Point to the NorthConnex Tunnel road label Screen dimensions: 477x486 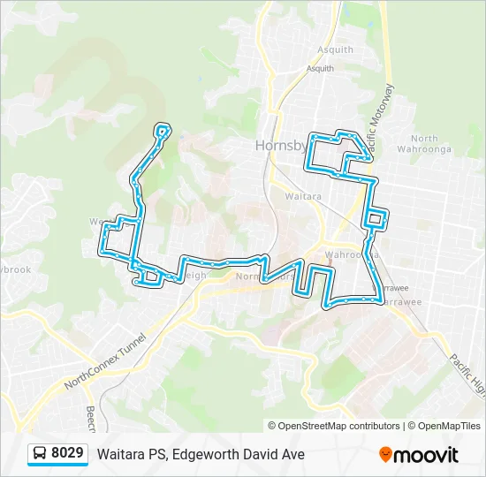coord(103,366)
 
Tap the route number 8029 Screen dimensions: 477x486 coord(67,454)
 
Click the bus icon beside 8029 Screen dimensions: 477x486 coord(40,454)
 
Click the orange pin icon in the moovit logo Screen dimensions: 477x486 coord(386,455)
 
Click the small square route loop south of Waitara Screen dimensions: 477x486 coord(375,218)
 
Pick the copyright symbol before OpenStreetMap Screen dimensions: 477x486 coord(273,426)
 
